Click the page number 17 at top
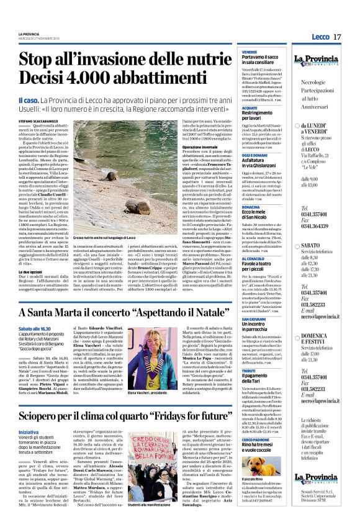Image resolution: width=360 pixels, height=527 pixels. pyautogui.click(x=337, y=37)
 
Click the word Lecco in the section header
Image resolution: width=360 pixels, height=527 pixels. pyautogui.click(x=320, y=37)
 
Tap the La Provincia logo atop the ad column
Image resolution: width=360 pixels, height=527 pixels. pyautogui.click(x=325, y=61)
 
